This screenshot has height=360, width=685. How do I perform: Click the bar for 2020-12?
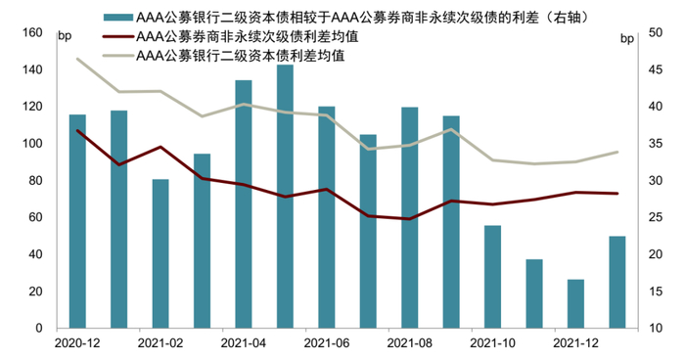77,221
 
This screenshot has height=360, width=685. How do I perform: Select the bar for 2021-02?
160,253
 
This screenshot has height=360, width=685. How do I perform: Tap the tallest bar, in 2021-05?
285,197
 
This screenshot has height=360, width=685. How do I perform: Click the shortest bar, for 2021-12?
576,303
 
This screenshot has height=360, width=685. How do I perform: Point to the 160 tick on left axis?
32,33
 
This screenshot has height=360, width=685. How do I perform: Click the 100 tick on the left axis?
32,144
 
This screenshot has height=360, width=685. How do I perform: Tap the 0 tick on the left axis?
38,329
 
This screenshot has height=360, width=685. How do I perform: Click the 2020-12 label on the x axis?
77,343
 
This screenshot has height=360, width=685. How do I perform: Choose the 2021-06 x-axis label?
327,343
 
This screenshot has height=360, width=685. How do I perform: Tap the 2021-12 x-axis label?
576,343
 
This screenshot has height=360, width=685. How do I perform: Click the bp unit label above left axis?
65,37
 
